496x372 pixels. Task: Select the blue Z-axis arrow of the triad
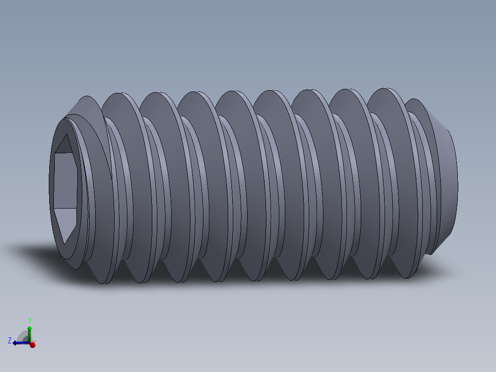pyautogui.click(x=18, y=343)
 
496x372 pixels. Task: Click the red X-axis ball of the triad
pyautogui.click(x=32, y=344)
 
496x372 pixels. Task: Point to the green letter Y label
pyautogui.click(x=29, y=320)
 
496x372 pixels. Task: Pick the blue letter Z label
pyautogui.click(x=10, y=341)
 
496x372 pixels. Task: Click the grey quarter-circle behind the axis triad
pyautogui.click(x=23, y=336)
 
